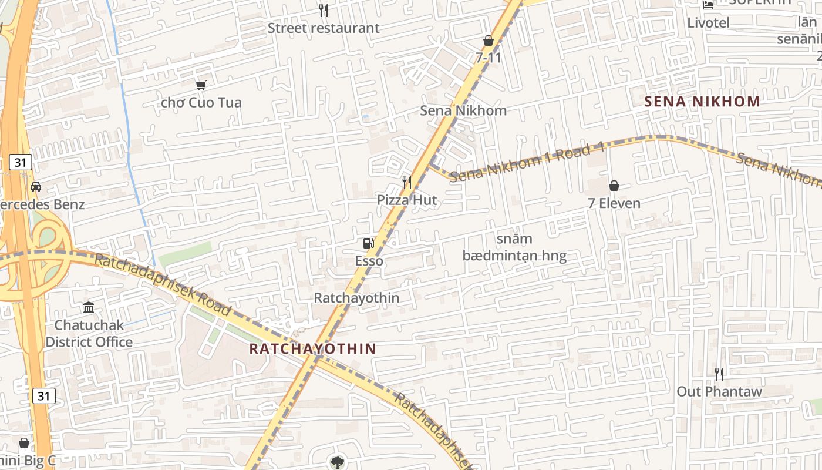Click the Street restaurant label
(324, 28)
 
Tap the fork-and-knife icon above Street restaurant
(323, 10)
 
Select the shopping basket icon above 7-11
(488, 41)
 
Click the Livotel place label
(709, 23)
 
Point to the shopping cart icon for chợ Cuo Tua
(201, 85)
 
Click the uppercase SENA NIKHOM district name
(702, 101)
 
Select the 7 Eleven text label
(614, 203)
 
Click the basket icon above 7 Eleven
(614, 186)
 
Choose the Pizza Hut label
(407, 200)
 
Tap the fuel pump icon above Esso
(368, 243)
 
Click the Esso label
(369, 261)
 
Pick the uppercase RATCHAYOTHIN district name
(312, 348)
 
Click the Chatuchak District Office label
(89, 333)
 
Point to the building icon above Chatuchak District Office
(89, 307)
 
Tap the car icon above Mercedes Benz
(36, 187)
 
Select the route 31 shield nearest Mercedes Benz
(21, 162)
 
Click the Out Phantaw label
(719, 391)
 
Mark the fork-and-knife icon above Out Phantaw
(719, 374)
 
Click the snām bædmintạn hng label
(514, 247)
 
